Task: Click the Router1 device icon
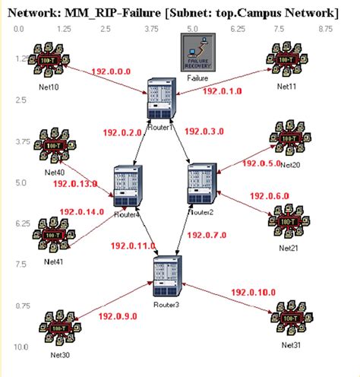(x=161, y=98)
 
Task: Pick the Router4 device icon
(x=125, y=185)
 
